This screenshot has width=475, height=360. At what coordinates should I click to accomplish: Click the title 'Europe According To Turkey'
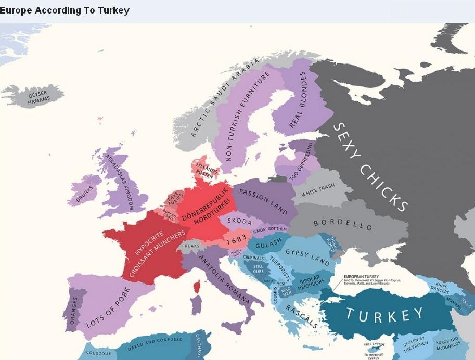(65, 10)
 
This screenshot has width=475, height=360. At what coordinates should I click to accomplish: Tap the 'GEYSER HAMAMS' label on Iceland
(37, 97)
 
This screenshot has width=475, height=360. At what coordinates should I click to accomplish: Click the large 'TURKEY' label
(384, 314)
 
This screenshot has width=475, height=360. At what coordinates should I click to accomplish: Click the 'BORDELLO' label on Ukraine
(343, 225)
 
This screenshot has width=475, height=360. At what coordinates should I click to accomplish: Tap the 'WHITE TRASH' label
(318, 190)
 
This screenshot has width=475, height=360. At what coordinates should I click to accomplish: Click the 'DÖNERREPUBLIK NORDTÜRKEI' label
(204, 211)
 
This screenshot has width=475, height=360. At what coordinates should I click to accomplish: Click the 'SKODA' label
(239, 222)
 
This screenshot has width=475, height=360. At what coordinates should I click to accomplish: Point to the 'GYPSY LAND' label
(307, 255)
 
